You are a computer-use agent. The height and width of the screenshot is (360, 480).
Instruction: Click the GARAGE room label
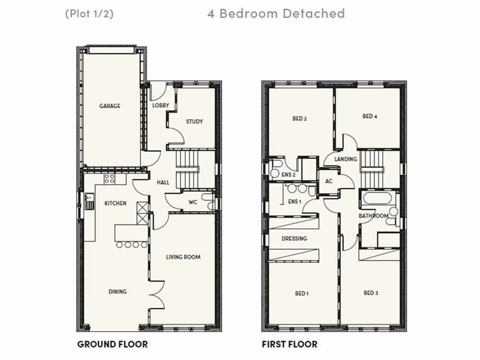click(110, 106)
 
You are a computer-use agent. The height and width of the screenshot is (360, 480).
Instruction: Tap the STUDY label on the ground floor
click(194, 121)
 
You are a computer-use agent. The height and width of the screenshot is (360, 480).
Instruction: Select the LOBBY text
click(160, 105)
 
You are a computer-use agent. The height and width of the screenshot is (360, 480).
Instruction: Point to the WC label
click(193, 202)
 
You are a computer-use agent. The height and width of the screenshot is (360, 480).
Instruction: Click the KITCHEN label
click(115, 203)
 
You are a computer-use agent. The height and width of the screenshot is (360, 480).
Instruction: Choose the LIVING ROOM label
click(183, 257)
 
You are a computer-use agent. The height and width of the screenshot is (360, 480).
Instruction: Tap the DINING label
click(118, 292)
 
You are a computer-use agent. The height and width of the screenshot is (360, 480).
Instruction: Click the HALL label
click(163, 182)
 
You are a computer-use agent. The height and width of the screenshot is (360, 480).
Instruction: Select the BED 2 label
click(300, 119)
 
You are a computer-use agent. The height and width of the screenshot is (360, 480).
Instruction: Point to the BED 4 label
click(370, 116)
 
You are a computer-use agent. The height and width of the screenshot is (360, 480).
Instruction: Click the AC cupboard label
click(329, 181)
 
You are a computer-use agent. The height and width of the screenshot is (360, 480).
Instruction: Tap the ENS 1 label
click(294, 202)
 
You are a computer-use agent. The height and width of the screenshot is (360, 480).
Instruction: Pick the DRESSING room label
click(294, 239)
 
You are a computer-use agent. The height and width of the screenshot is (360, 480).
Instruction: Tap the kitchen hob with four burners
click(110, 178)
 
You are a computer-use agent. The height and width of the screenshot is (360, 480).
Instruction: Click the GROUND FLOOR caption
click(112, 345)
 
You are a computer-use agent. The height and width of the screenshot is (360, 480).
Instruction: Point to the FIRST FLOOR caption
click(289, 345)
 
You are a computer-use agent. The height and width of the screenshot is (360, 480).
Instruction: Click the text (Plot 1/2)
click(89, 14)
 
